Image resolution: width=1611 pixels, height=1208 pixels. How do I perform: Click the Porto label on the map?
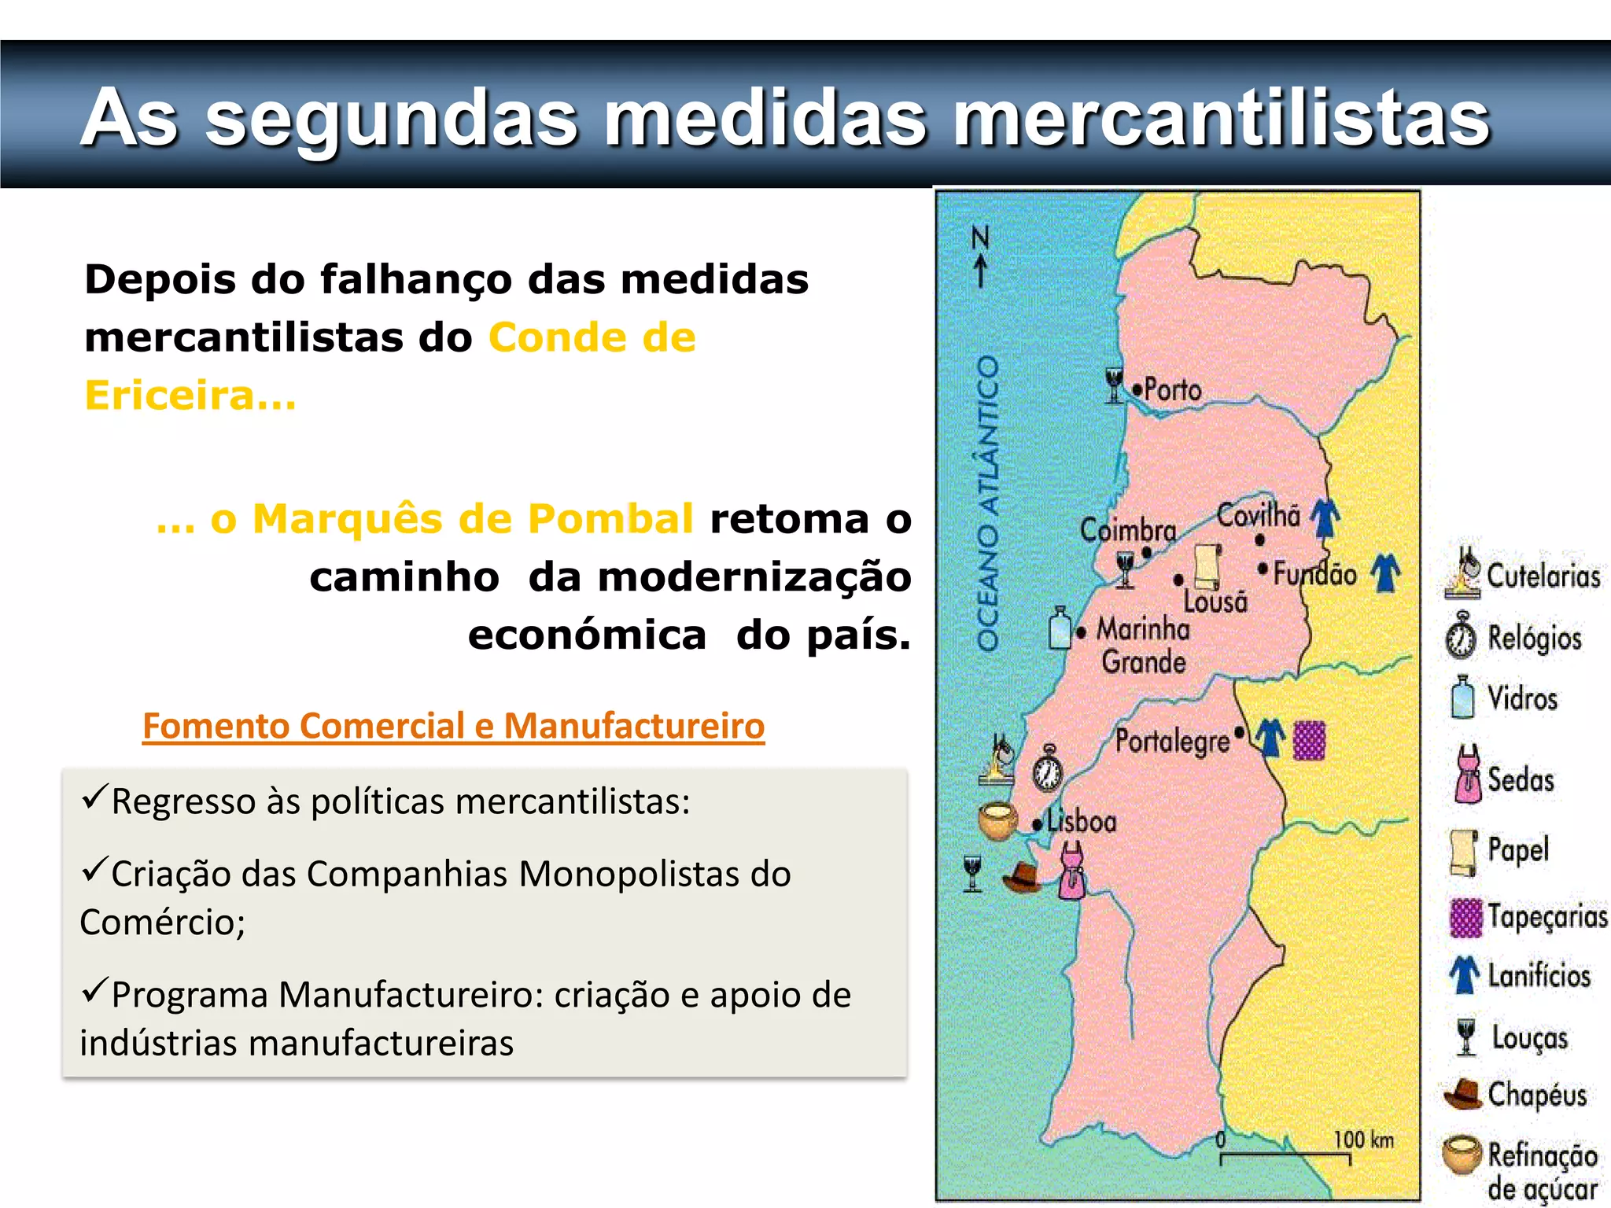(x=1172, y=389)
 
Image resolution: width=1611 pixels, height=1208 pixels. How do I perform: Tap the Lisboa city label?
(x=1082, y=822)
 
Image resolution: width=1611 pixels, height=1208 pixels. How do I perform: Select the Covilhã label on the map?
(x=1259, y=516)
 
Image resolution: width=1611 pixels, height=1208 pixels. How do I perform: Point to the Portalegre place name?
(x=1172, y=741)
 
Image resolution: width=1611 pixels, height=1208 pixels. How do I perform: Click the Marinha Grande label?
(x=1143, y=645)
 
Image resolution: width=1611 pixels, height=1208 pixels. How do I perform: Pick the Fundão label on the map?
(x=1314, y=573)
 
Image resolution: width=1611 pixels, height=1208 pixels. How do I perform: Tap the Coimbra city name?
(x=1127, y=530)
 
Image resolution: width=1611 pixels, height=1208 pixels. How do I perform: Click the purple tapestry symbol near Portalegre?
(x=1310, y=740)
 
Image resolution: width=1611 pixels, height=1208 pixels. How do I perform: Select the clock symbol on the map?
(x=1048, y=768)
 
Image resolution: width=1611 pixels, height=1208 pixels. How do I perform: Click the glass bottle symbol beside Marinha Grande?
(x=1060, y=628)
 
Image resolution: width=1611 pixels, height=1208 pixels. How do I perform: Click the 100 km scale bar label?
(x=1363, y=1140)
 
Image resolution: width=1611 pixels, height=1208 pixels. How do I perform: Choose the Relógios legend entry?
(x=1534, y=638)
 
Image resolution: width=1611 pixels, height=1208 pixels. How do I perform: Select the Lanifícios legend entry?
(x=1539, y=976)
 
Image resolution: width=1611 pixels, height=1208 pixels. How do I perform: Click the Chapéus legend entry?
(x=1536, y=1094)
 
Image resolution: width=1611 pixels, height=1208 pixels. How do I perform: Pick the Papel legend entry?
(x=1518, y=850)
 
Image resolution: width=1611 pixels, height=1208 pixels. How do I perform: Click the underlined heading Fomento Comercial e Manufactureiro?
(x=453, y=725)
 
